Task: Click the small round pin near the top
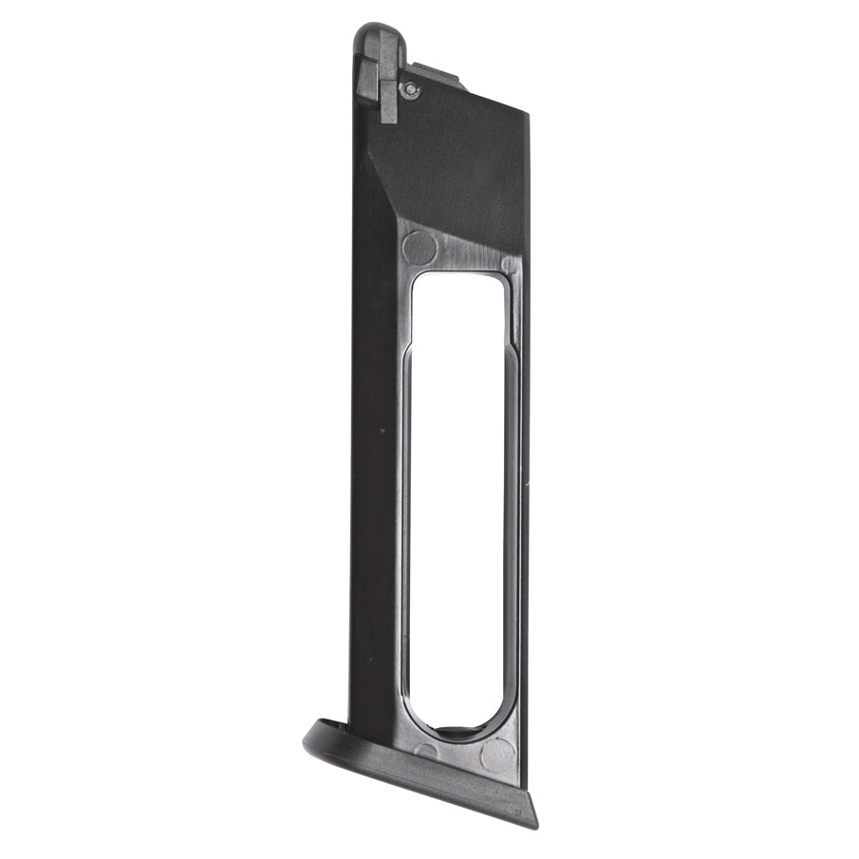tap(409, 89)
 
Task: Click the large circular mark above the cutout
tap(419, 248)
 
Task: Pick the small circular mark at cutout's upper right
tap(510, 265)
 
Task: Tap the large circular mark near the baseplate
tap(497, 756)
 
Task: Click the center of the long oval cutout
tap(458, 503)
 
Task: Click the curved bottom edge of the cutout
tap(458, 735)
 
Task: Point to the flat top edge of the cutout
tap(458, 275)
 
